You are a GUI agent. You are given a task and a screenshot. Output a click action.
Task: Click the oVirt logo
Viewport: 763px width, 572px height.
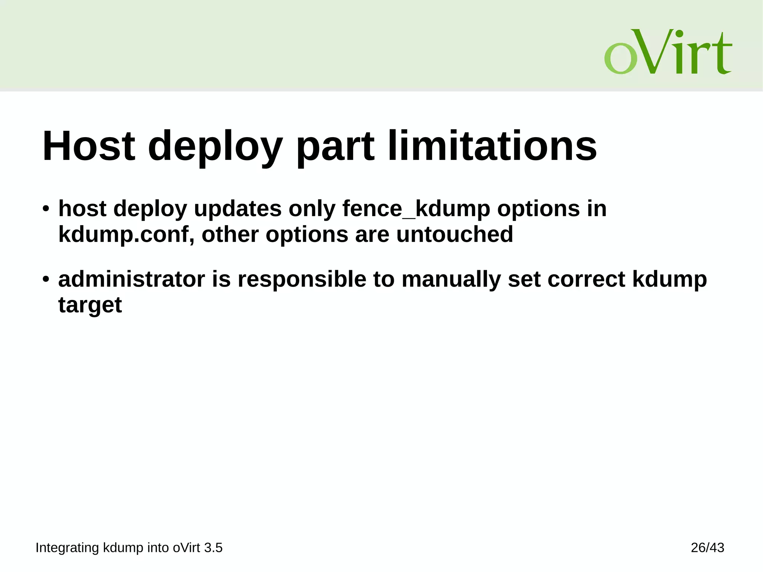668,52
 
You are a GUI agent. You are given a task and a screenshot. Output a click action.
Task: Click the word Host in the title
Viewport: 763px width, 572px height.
89,146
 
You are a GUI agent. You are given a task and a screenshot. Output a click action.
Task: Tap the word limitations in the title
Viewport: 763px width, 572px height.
492,146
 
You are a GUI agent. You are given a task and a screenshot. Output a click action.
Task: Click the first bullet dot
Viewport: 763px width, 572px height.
46,209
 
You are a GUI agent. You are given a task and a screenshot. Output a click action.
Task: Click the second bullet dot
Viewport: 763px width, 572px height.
46,279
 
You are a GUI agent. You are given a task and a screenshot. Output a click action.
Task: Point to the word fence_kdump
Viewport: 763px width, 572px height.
416,209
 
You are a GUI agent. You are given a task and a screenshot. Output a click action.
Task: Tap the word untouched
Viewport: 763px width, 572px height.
455,234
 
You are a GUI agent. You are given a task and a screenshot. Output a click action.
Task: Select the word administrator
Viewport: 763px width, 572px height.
132,279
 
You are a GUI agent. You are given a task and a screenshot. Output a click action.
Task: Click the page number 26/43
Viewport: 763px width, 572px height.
707,548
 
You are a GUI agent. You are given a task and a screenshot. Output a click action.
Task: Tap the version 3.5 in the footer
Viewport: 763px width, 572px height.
213,548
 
